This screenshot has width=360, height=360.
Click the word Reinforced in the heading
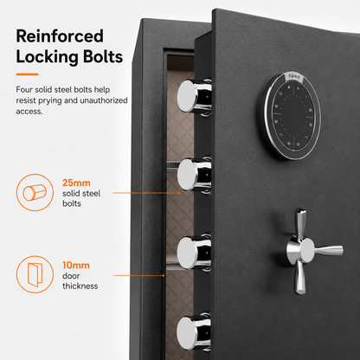click(60, 36)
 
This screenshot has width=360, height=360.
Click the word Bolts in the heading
click(103, 56)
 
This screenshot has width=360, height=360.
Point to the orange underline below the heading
click(27, 74)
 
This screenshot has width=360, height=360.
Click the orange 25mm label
click(76, 183)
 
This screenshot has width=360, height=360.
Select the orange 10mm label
click(76, 266)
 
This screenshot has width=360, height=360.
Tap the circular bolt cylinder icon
click(35, 192)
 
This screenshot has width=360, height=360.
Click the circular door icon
click(35, 274)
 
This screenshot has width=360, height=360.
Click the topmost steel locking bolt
click(194, 96)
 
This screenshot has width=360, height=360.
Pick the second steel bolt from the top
click(194, 175)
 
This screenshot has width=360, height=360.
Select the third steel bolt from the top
click(194, 252)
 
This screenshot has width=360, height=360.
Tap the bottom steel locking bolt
click(194, 331)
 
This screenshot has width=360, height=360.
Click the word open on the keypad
click(294, 77)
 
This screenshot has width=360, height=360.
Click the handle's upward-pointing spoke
click(300, 223)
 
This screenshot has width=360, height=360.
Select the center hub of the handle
click(305, 249)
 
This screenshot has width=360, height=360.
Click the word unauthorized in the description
click(104, 100)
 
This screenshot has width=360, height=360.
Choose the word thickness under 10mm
click(80, 286)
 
